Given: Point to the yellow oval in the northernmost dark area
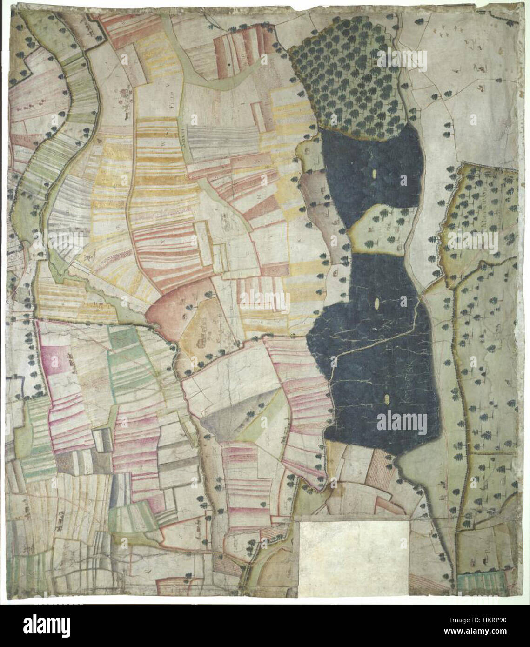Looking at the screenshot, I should coord(375,175).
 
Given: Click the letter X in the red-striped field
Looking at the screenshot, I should coord(162,242).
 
